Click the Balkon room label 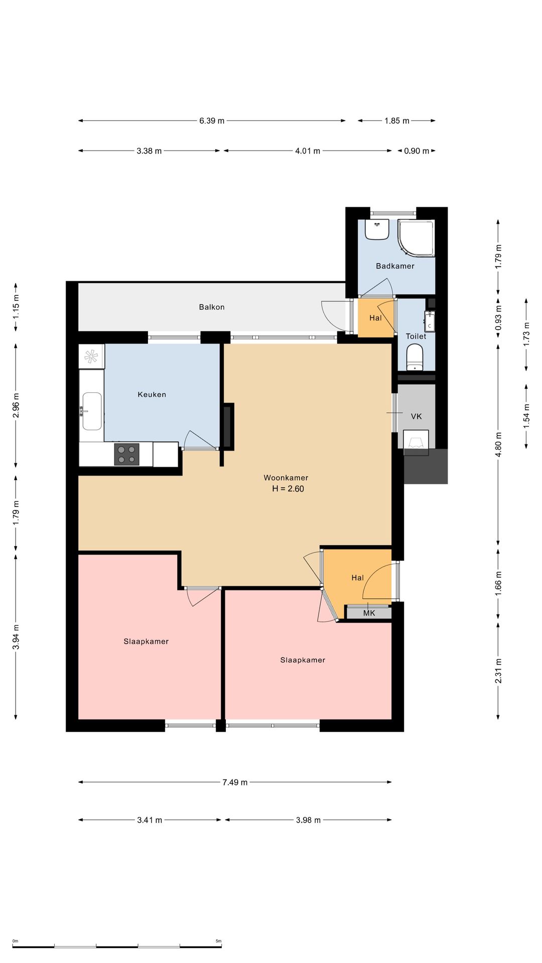pos(211,307)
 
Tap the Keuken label pos(152,395)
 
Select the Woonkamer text pos(286,478)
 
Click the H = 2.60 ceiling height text pos(288,489)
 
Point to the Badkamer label pos(395,266)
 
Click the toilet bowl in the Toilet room pos(415,357)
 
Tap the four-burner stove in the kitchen pos(126,454)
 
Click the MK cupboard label pos(369,613)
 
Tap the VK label pos(416,416)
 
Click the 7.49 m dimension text pos(235,782)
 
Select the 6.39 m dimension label pos(212,121)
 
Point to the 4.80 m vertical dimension pos(498,445)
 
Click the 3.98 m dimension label pos(308,820)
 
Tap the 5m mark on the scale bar pos(218,941)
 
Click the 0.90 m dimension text pos(417,151)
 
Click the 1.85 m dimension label pos(397,121)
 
